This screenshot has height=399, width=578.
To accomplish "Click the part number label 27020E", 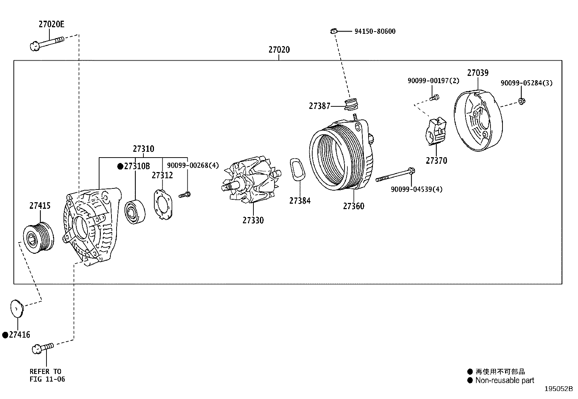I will [51, 25].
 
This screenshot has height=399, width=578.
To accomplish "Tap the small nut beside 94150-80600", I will [334, 31].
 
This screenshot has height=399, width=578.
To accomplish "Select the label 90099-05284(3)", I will [526, 83].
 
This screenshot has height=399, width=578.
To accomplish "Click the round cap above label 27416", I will [16, 308].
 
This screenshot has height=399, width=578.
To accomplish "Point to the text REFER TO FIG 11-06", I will [47, 375].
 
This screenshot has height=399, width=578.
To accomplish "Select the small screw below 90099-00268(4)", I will [185, 195].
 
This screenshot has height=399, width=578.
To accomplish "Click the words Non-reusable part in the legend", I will [505, 380].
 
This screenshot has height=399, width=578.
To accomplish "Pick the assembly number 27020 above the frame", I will [279, 50].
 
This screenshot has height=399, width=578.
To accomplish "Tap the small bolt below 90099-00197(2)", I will [434, 97].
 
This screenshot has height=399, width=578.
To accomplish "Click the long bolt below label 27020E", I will [46, 42].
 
